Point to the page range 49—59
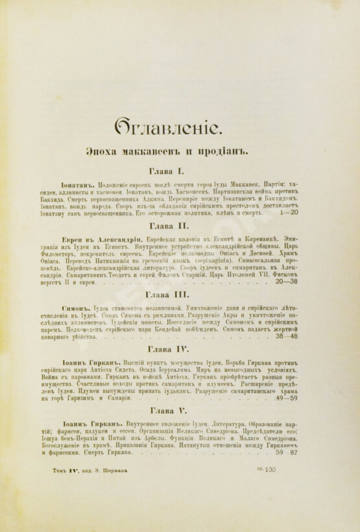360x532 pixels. (x=285, y=398)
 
